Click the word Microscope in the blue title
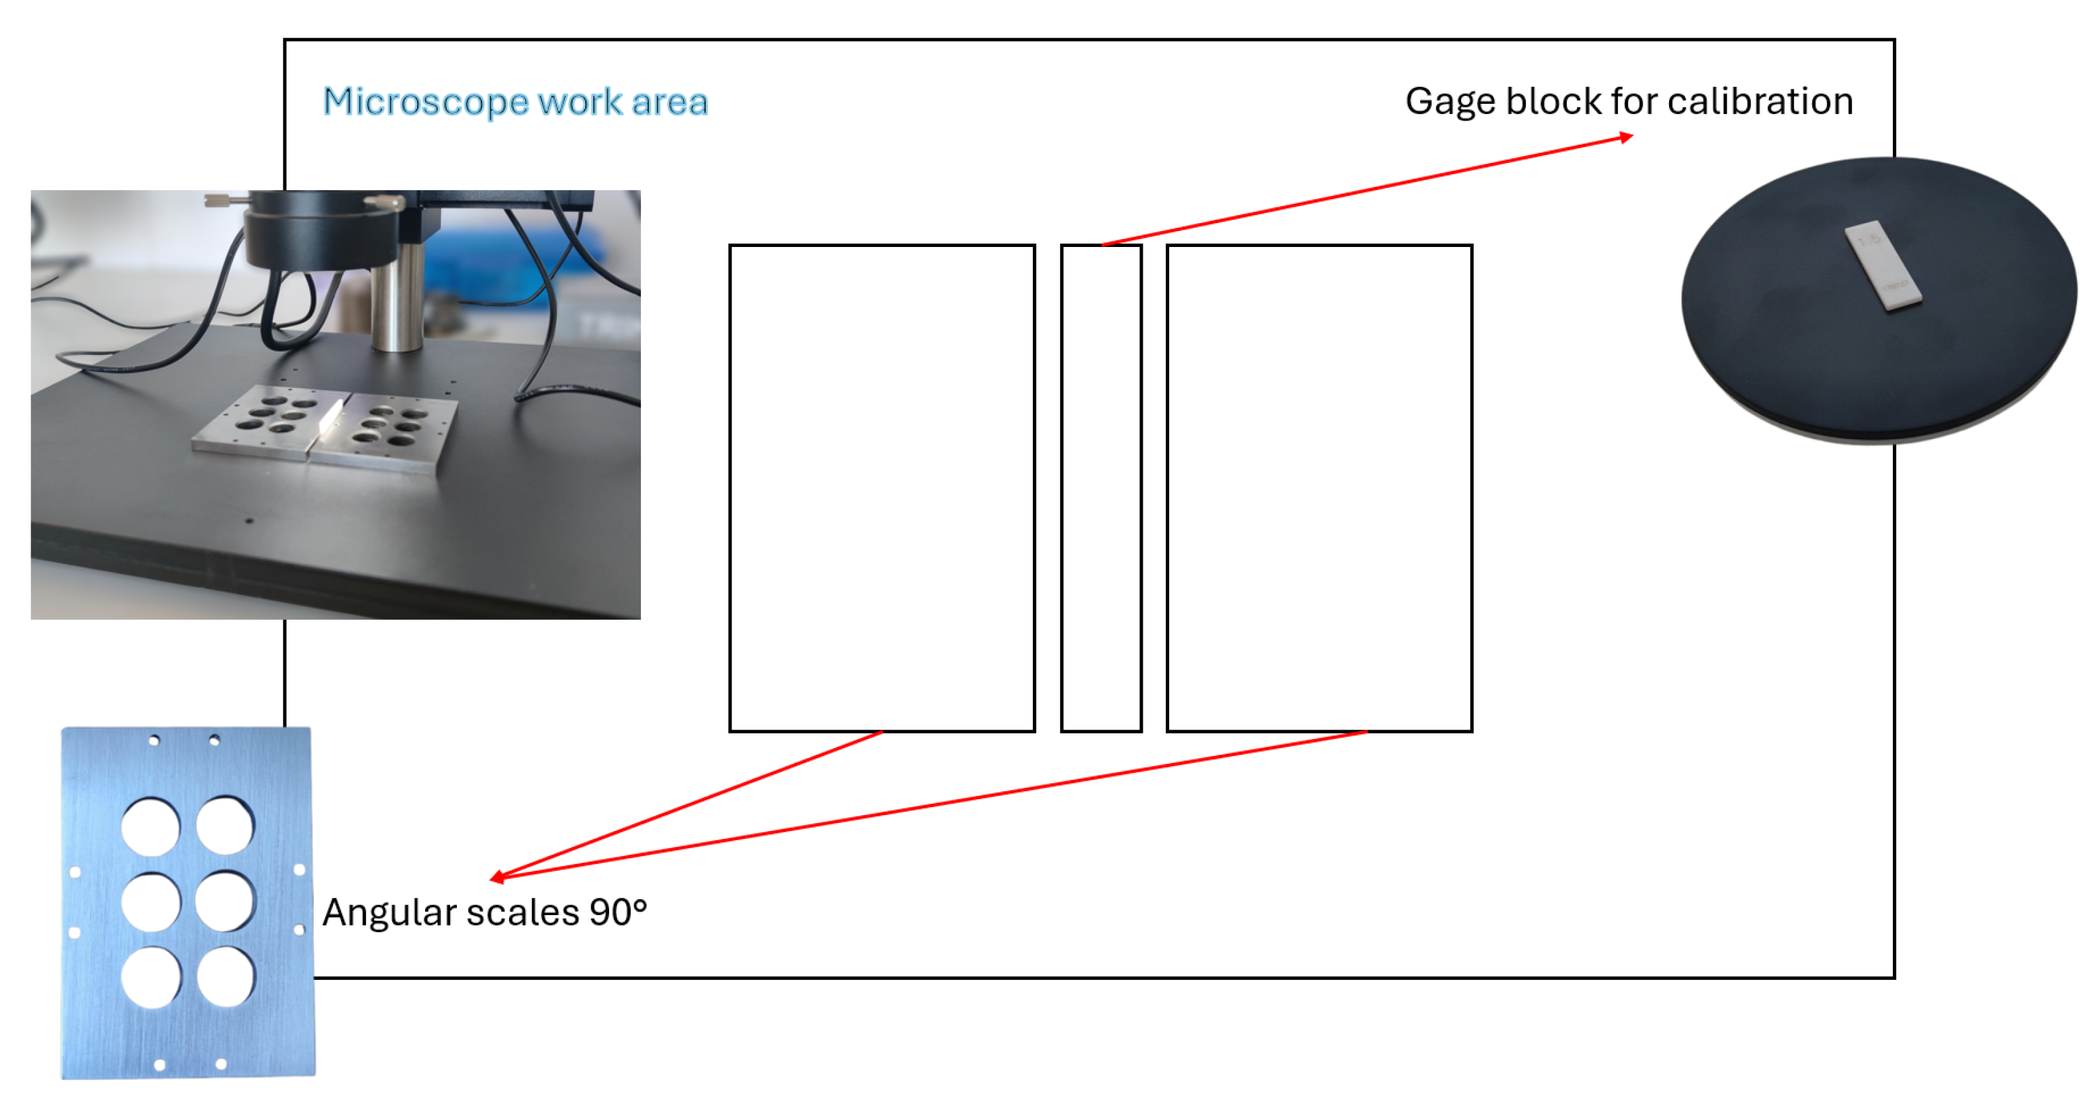click(426, 103)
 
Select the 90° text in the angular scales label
click(618, 912)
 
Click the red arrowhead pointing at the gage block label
click(1625, 137)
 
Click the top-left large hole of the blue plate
click(151, 826)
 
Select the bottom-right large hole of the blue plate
click(225, 977)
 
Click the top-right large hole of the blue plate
click(225, 825)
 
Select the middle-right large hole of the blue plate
click(225, 901)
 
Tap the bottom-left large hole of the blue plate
click(151, 977)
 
